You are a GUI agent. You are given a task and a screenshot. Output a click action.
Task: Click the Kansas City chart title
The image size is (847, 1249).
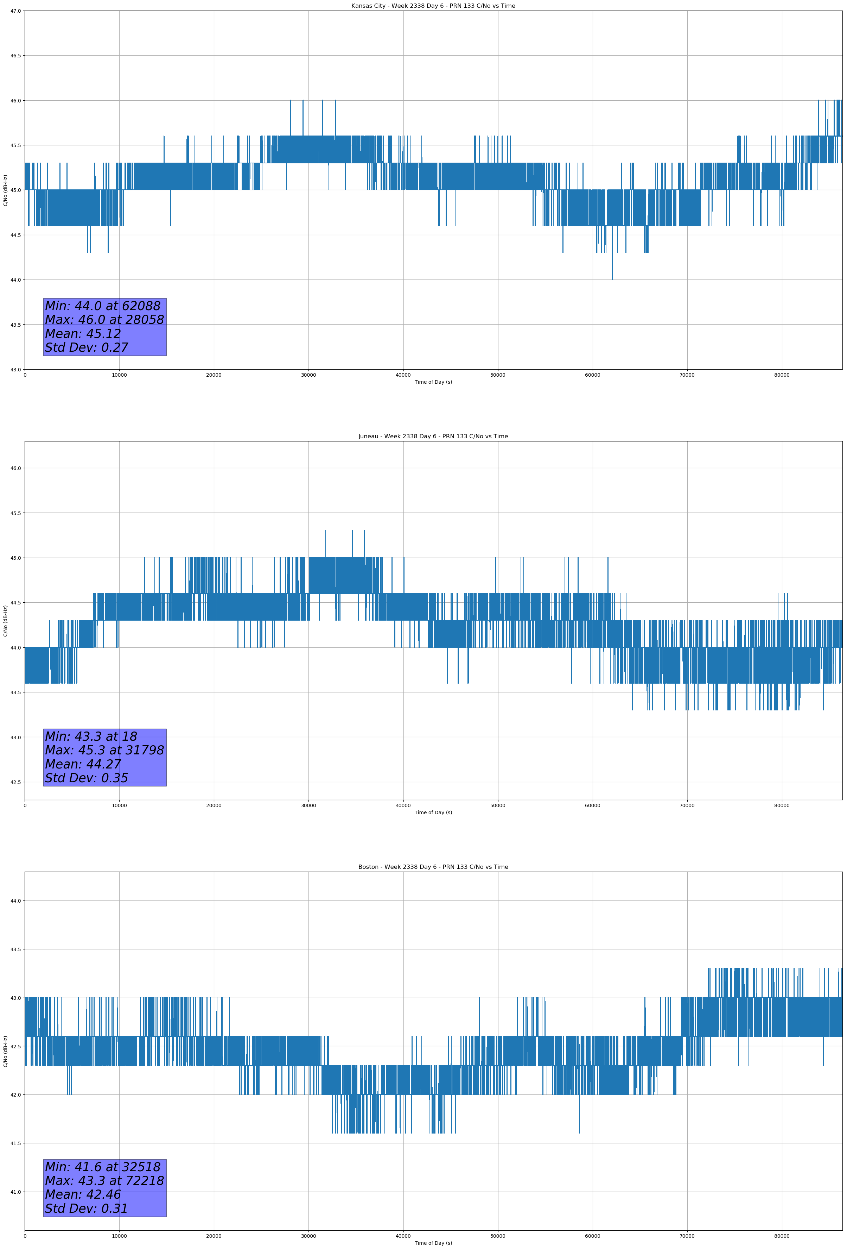point(433,6)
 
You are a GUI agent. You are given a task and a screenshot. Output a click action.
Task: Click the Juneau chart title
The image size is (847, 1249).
point(433,437)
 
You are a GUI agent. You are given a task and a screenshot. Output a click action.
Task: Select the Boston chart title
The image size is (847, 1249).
point(433,867)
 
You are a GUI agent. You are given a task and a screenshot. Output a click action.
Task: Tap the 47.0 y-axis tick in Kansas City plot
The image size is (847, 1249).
point(16,11)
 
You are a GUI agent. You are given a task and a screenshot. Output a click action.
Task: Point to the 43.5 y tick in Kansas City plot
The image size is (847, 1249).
point(16,325)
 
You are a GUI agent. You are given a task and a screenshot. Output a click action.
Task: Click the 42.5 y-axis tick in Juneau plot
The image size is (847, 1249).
point(16,782)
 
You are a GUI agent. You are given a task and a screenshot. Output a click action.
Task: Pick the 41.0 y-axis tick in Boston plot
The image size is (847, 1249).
point(16,1192)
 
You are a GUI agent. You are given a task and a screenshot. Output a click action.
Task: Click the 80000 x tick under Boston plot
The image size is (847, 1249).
point(782,1236)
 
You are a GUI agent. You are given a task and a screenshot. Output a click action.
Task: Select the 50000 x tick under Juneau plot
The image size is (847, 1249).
point(498,805)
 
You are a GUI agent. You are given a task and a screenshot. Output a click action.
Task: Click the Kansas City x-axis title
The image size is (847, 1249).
point(433,382)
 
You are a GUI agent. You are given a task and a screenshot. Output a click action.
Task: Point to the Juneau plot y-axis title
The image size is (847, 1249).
point(5,621)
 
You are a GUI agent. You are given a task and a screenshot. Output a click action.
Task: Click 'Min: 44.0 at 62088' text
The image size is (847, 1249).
point(103,306)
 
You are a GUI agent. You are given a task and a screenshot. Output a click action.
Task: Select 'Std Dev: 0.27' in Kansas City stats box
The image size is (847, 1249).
point(87,348)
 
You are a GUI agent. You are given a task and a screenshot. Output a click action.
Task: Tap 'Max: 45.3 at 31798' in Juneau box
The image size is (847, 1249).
point(104,750)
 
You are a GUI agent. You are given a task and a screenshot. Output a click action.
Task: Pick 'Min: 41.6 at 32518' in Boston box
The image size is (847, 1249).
point(103,1167)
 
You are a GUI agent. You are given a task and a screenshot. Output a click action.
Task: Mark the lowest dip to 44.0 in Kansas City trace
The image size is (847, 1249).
point(612,279)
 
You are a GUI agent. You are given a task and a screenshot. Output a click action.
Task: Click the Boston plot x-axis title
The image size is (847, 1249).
point(433,1243)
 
